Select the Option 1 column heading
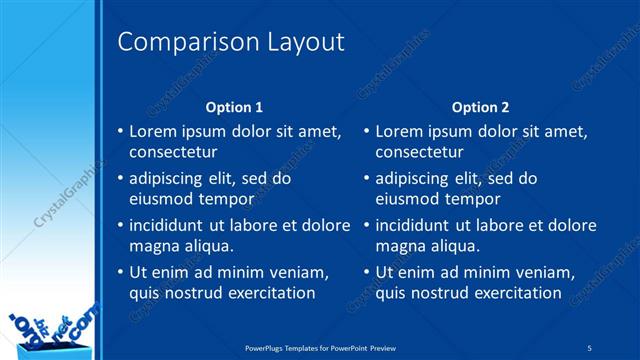point(234,106)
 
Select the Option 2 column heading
point(480,106)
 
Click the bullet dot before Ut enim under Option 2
point(366,273)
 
